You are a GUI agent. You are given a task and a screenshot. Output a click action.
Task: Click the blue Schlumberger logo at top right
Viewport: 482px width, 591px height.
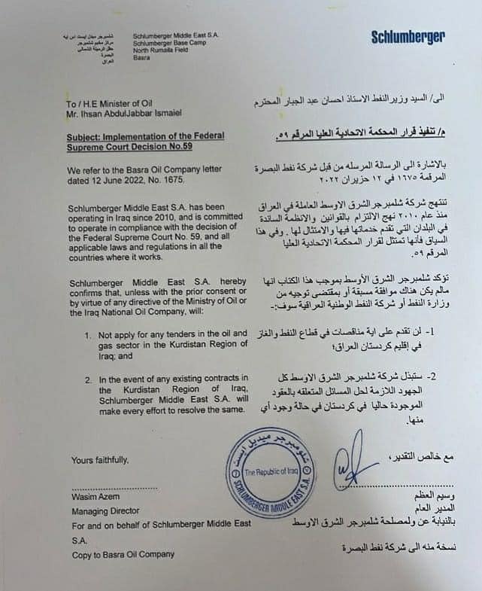(408, 37)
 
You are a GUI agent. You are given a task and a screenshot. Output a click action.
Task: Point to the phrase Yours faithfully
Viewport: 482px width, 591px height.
(100, 459)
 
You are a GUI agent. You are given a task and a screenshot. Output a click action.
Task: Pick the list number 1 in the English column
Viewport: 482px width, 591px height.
(87, 333)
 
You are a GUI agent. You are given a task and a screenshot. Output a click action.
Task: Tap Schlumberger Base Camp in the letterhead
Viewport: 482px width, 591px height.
(163, 43)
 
